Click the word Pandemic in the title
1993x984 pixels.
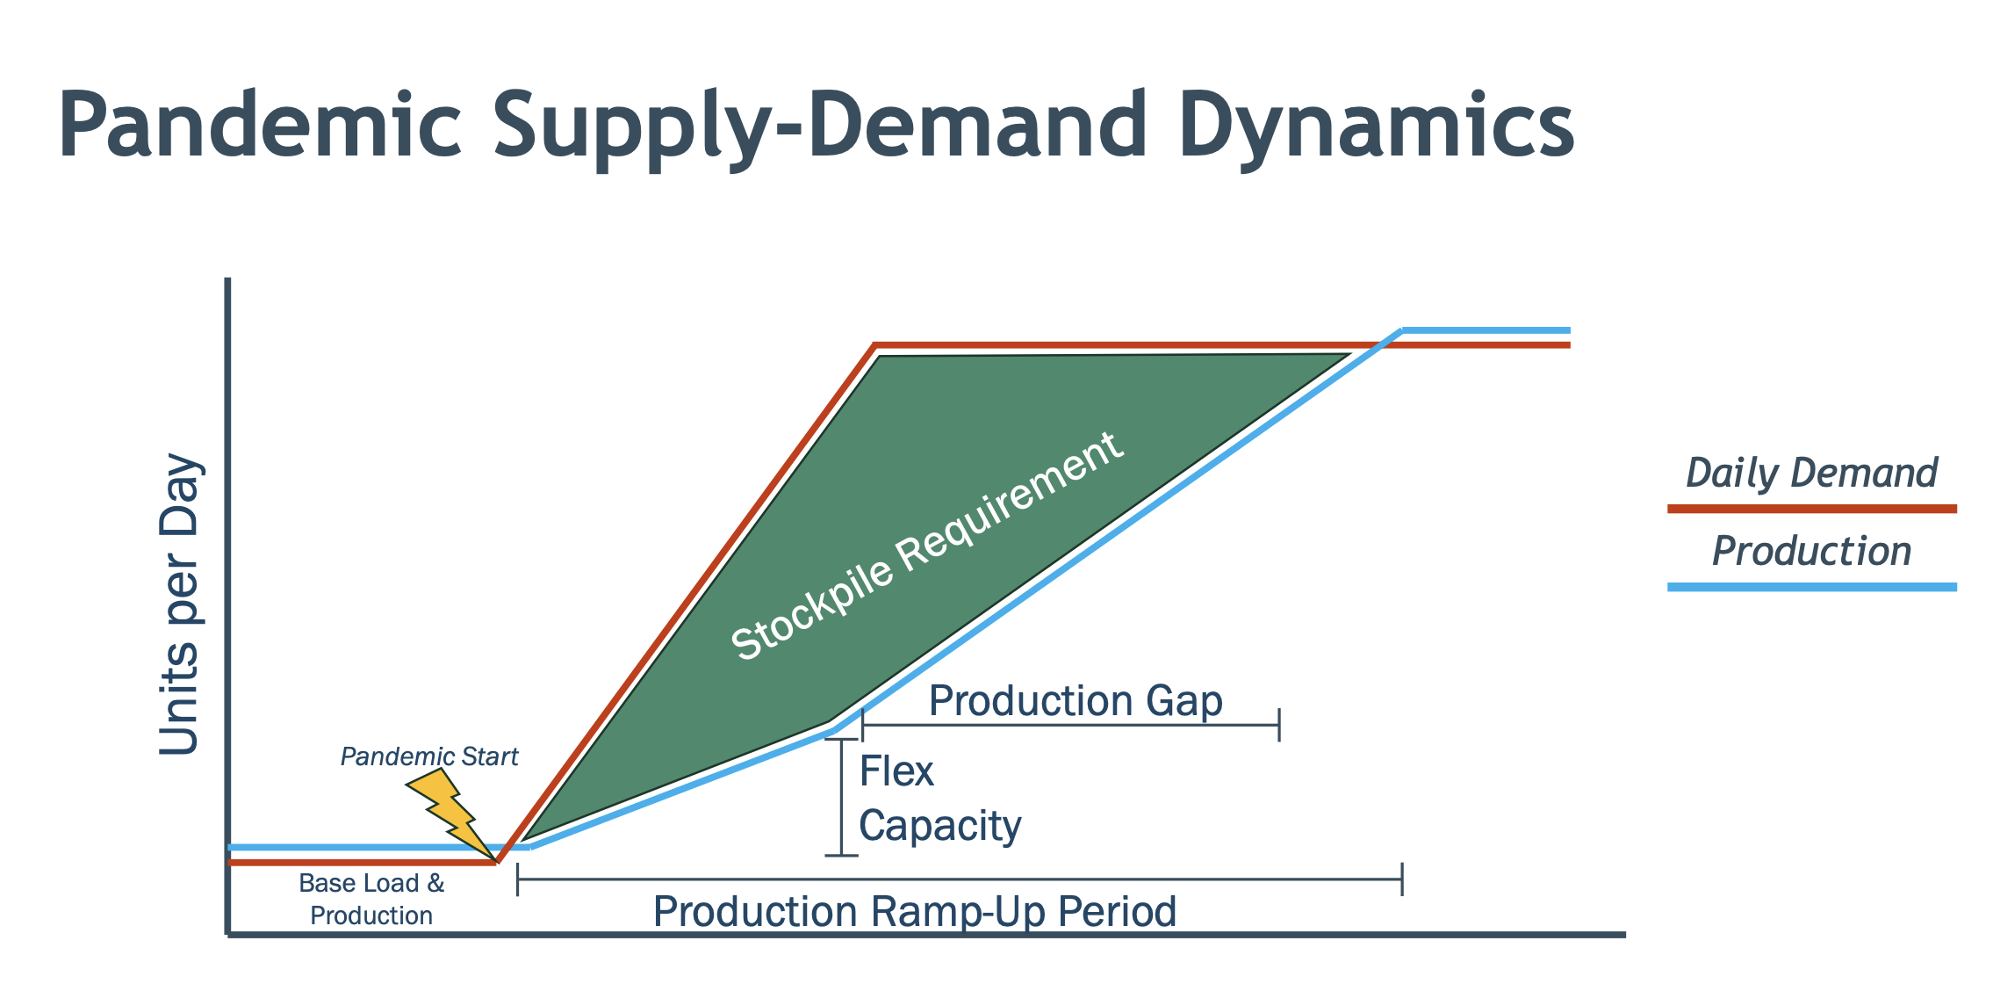(x=260, y=125)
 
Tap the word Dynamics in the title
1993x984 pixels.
(x=1376, y=127)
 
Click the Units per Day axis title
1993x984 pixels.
(x=180, y=604)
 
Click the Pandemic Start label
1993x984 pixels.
(x=429, y=756)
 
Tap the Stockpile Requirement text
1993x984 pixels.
(x=926, y=546)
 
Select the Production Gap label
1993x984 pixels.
(x=1076, y=701)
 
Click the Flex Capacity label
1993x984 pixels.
(x=939, y=799)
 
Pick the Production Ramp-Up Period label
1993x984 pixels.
(x=915, y=911)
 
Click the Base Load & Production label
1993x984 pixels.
(x=371, y=899)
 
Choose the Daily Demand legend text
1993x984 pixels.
(x=1811, y=473)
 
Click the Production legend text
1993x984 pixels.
(x=1811, y=551)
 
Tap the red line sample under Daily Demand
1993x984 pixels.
(x=1812, y=509)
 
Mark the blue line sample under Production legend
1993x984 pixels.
(x=1812, y=587)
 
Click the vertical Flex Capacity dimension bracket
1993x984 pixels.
(x=842, y=797)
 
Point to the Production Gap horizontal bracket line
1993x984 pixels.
(x=1070, y=725)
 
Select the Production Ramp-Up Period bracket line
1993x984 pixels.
(x=960, y=879)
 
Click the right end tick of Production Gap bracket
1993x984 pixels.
(x=1279, y=725)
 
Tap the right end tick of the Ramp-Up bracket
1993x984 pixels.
(x=1402, y=879)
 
